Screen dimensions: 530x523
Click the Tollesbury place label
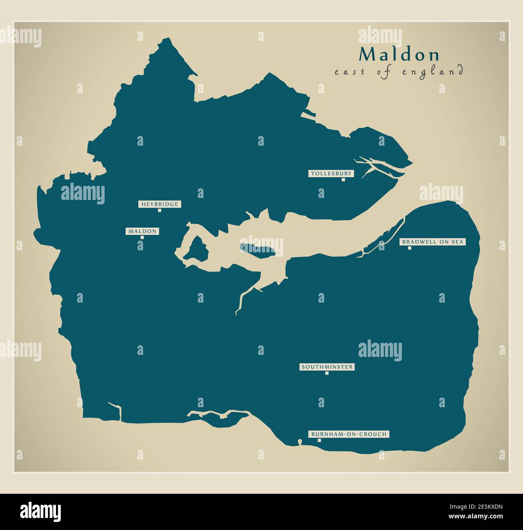click(x=331, y=174)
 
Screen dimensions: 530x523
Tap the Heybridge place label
click(x=159, y=204)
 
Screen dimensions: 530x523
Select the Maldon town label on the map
click(x=142, y=231)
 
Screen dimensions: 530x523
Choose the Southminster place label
click(x=327, y=367)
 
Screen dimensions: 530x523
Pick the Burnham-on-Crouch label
click(x=349, y=434)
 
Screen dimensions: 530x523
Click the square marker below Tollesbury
click(x=343, y=180)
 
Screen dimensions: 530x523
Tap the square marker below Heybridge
click(x=159, y=210)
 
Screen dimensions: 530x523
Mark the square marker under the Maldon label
click(x=142, y=237)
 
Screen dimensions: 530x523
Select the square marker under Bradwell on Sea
click(x=410, y=248)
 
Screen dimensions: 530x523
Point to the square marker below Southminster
click(x=327, y=373)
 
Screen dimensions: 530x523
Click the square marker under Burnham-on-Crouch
click(x=319, y=440)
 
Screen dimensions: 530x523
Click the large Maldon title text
click(x=399, y=55)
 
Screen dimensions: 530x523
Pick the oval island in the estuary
click(x=257, y=250)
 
